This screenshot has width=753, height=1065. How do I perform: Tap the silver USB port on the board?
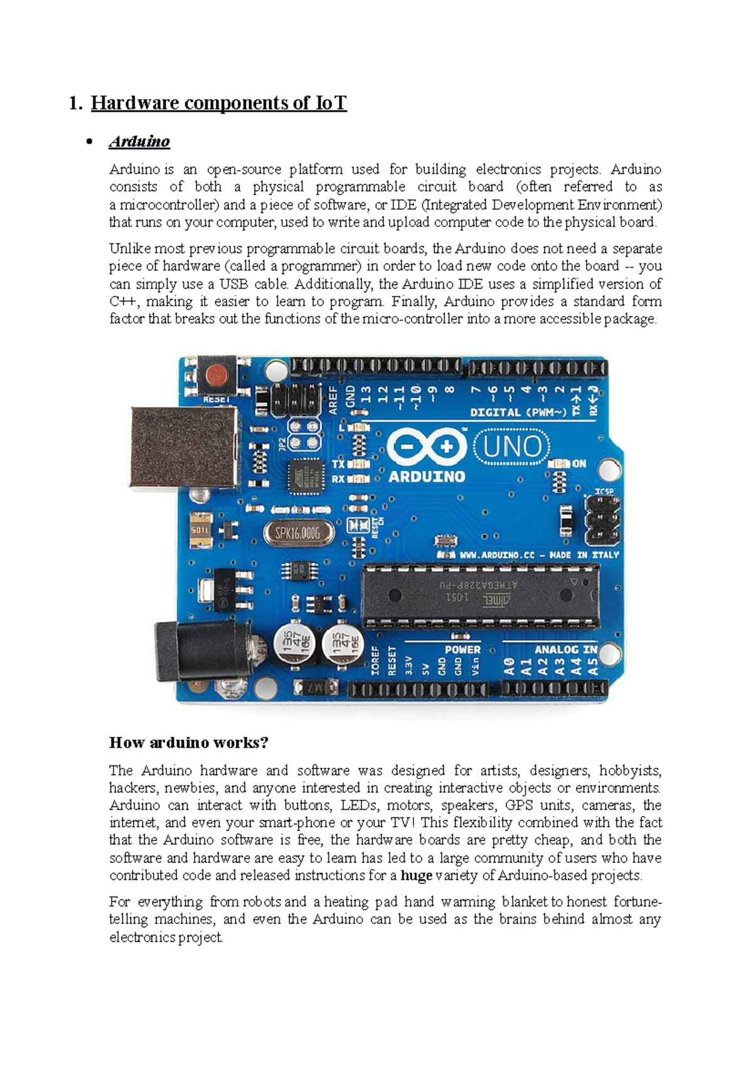tap(184, 448)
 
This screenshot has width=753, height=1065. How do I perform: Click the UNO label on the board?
tap(512, 447)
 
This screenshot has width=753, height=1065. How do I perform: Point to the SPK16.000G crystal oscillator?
tap(298, 532)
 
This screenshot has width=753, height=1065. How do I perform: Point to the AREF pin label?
tap(333, 400)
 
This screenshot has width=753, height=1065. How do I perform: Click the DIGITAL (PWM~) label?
tap(518, 412)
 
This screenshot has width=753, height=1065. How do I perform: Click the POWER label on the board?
tap(463, 649)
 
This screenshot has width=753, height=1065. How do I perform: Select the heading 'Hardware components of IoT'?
tap(219, 103)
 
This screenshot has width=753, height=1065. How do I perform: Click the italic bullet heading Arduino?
tap(139, 141)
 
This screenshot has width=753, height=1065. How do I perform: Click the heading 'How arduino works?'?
tap(189, 742)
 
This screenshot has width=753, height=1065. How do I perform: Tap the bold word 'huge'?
tap(417, 876)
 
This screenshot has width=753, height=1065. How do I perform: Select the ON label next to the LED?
tap(579, 464)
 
